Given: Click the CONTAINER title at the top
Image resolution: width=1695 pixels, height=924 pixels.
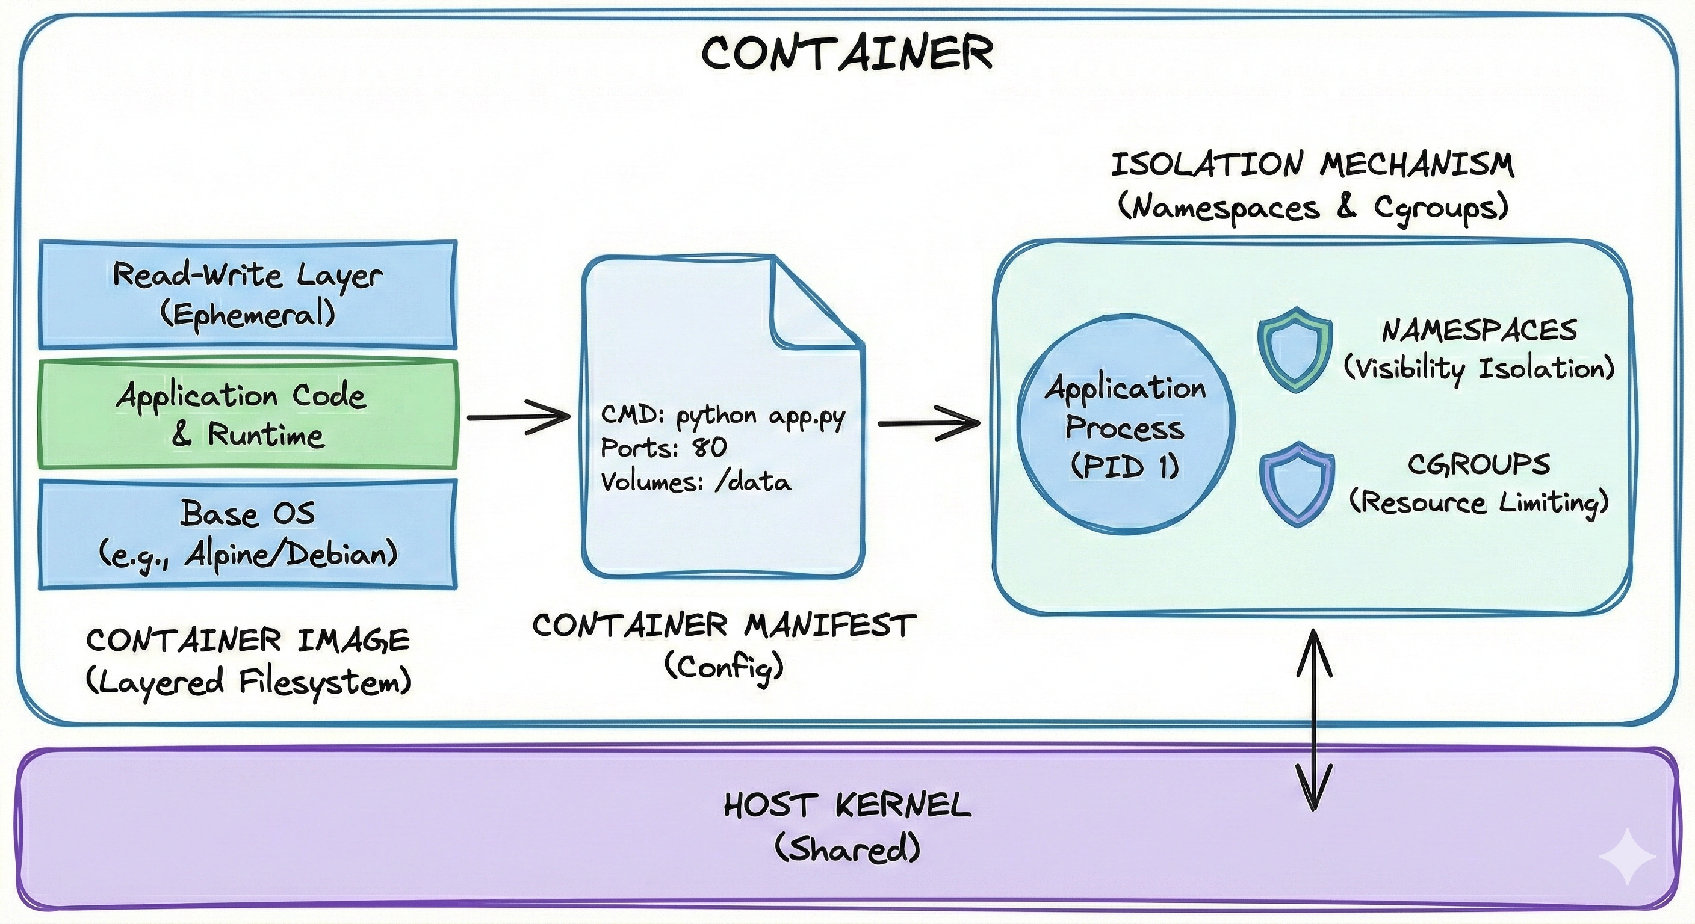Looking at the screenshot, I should point(847,52).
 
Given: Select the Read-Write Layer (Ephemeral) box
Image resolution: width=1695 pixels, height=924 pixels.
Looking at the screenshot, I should point(247,294).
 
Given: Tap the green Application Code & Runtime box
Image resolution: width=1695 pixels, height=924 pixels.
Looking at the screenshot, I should point(247,414).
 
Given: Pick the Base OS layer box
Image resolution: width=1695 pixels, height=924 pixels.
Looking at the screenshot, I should point(247,534).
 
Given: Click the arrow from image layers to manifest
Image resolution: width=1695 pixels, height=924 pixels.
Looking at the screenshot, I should point(518,416).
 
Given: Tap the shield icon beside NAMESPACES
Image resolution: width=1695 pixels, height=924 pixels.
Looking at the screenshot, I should point(1295,350).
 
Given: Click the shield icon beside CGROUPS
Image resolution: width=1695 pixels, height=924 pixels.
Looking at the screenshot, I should point(1297,484).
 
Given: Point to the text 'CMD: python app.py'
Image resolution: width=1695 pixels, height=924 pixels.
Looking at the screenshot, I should point(722,416).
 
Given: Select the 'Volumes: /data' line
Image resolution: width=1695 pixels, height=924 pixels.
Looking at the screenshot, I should point(695,482).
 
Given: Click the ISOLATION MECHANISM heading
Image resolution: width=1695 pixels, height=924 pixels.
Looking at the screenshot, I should point(1312,164).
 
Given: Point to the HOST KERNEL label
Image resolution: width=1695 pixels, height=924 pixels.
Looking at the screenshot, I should point(847,805).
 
